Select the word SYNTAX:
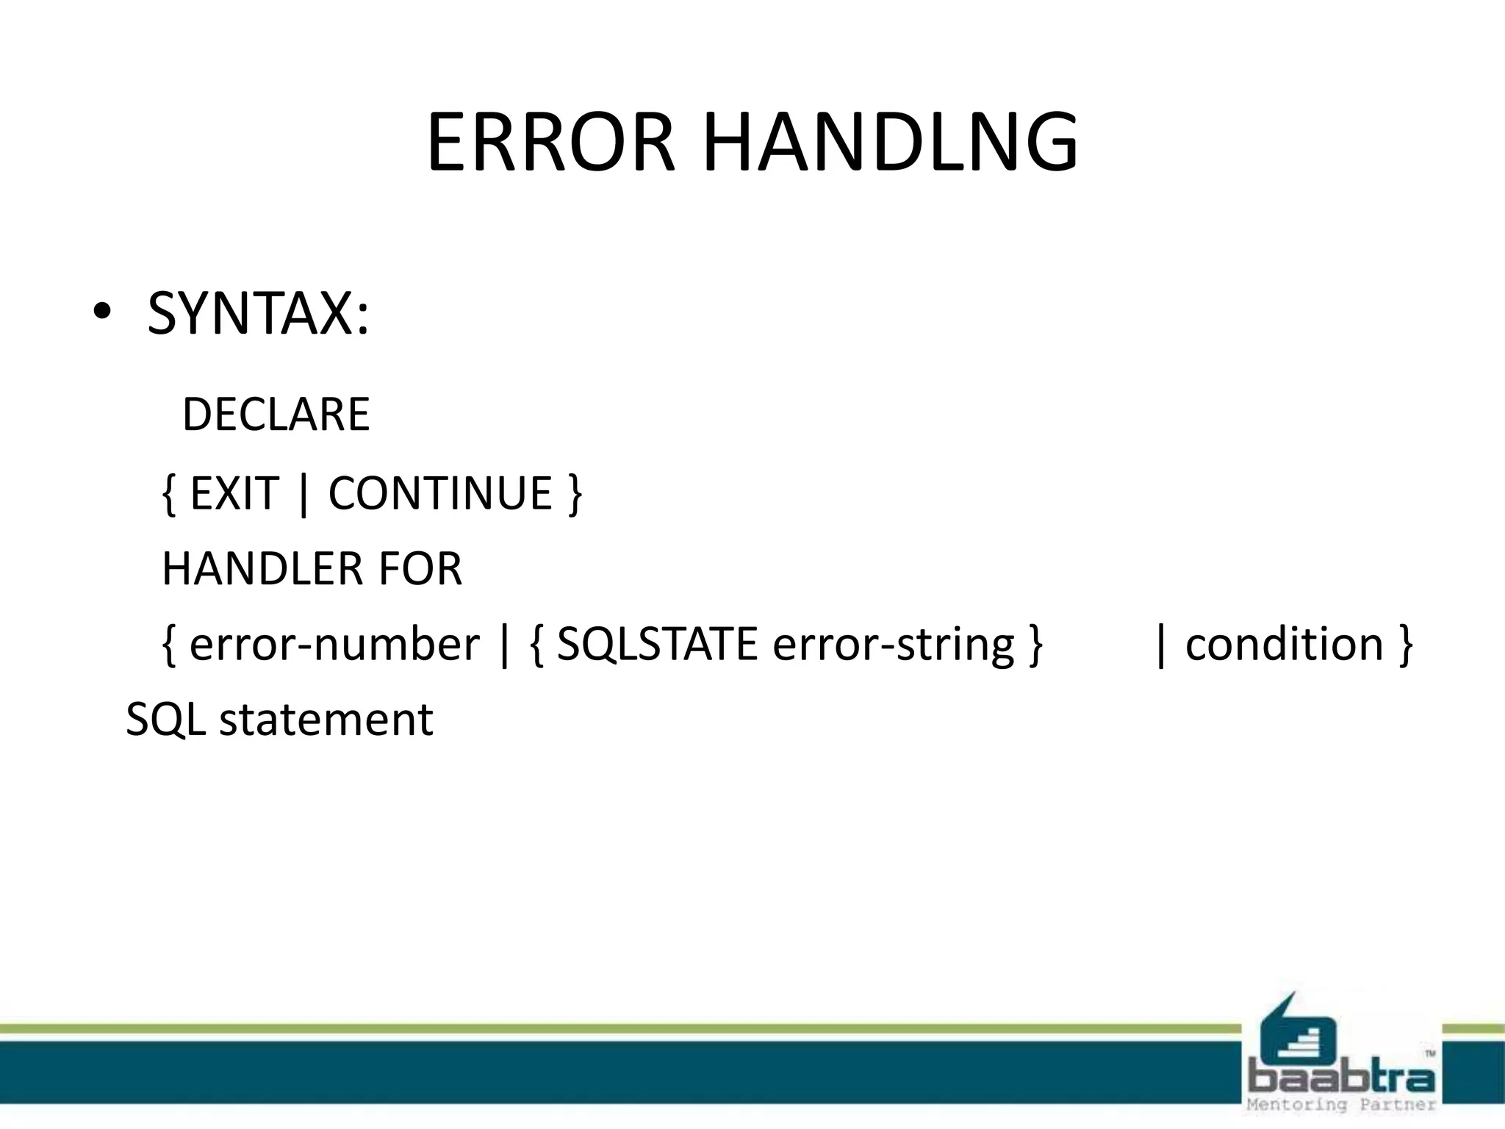tap(258, 314)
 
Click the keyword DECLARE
tap(276, 415)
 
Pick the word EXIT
tap(234, 493)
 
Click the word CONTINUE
tap(439, 493)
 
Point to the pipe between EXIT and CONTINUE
tap(303, 495)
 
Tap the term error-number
tap(334, 645)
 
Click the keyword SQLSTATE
tap(657, 645)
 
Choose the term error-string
tap(894, 645)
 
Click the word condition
tap(1285, 645)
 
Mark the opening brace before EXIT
tap(169, 495)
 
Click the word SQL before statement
tap(165, 720)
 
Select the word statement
tap(326, 720)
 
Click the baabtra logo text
tap(1341, 1078)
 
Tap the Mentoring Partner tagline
tap(1341, 1105)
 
